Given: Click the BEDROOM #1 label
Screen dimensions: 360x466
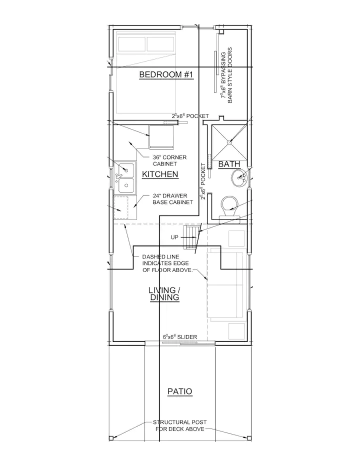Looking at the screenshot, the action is pyautogui.click(x=166, y=74).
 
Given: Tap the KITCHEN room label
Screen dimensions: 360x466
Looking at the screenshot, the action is pyautogui.click(x=160, y=174).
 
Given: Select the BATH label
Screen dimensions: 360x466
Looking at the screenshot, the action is pyautogui.click(x=229, y=164).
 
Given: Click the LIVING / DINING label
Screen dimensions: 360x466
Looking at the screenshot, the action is pyautogui.click(x=164, y=294).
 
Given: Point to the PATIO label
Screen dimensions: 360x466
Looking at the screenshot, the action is pyautogui.click(x=180, y=391).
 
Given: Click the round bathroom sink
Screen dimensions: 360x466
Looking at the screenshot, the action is pyautogui.click(x=239, y=178).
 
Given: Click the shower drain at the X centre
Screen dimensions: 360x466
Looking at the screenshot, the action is pyautogui.click(x=229, y=142).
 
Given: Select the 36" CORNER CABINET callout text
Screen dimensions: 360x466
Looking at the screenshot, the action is pyautogui.click(x=169, y=160).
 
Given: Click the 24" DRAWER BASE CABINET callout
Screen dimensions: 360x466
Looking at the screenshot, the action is pyautogui.click(x=172, y=199).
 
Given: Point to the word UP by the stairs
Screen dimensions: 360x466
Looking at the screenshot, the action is pyautogui.click(x=174, y=237).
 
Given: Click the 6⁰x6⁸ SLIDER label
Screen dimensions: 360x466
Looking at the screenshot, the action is pyautogui.click(x=180, y=336).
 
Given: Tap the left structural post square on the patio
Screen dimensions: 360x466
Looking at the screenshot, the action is pyautogui.click(x=111, y=438).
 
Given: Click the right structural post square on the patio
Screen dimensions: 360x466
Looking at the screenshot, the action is pyautogui.click(x=249, y=438).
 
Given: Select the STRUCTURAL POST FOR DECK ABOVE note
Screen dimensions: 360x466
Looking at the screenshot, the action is pyautogui.click(x=180, y=425).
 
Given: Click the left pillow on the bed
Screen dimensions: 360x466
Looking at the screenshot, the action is pyautogui.click(x=131, y=44).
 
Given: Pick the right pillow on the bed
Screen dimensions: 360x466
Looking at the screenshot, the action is pyautogui.click(x=160, y=44).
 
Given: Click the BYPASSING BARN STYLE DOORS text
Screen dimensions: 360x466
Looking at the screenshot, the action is pyautogui.click(x=226, y=75).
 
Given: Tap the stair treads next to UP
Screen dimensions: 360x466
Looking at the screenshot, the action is pyautogui.click(x=190, y=237).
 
